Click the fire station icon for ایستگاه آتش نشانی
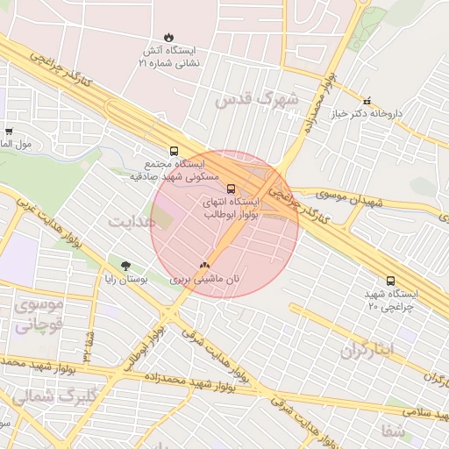click(x=169, y=38)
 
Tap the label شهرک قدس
click(x=257, y=99)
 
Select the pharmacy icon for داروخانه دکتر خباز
click(x=367, y=100)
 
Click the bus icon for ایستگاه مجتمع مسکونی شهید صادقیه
click(x=174, y=151)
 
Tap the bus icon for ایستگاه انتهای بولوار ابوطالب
click(x=231, y=189)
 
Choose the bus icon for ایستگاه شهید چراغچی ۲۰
click(x=390, y=281)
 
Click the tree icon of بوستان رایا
click(x=127, y=265)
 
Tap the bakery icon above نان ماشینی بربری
click(x=204, y=265)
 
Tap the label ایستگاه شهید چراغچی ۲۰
click(x=390, y=301)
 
